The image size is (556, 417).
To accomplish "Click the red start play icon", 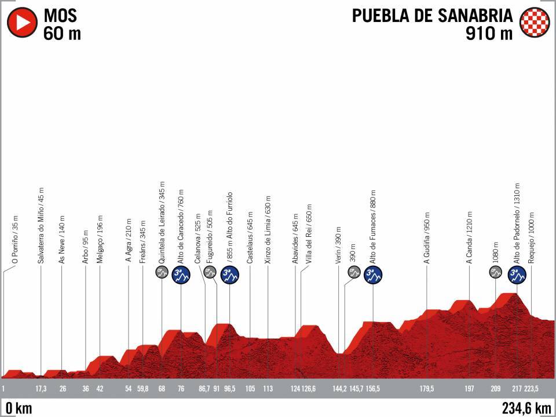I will [21, 23].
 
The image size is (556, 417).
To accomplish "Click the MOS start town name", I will [60, 15].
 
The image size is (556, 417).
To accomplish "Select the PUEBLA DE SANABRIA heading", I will [433, 15].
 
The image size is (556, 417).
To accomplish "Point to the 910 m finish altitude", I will [489, 33].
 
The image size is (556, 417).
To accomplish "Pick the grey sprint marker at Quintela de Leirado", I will [162, 272].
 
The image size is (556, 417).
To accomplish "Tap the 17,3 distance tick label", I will [41, 389].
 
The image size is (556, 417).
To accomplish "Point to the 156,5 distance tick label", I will [374, 389].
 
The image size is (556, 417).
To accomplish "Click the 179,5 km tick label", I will [427, 389].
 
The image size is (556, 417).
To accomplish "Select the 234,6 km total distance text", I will [526, 408].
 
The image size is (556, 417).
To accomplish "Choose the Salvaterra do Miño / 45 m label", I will [41, 226].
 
